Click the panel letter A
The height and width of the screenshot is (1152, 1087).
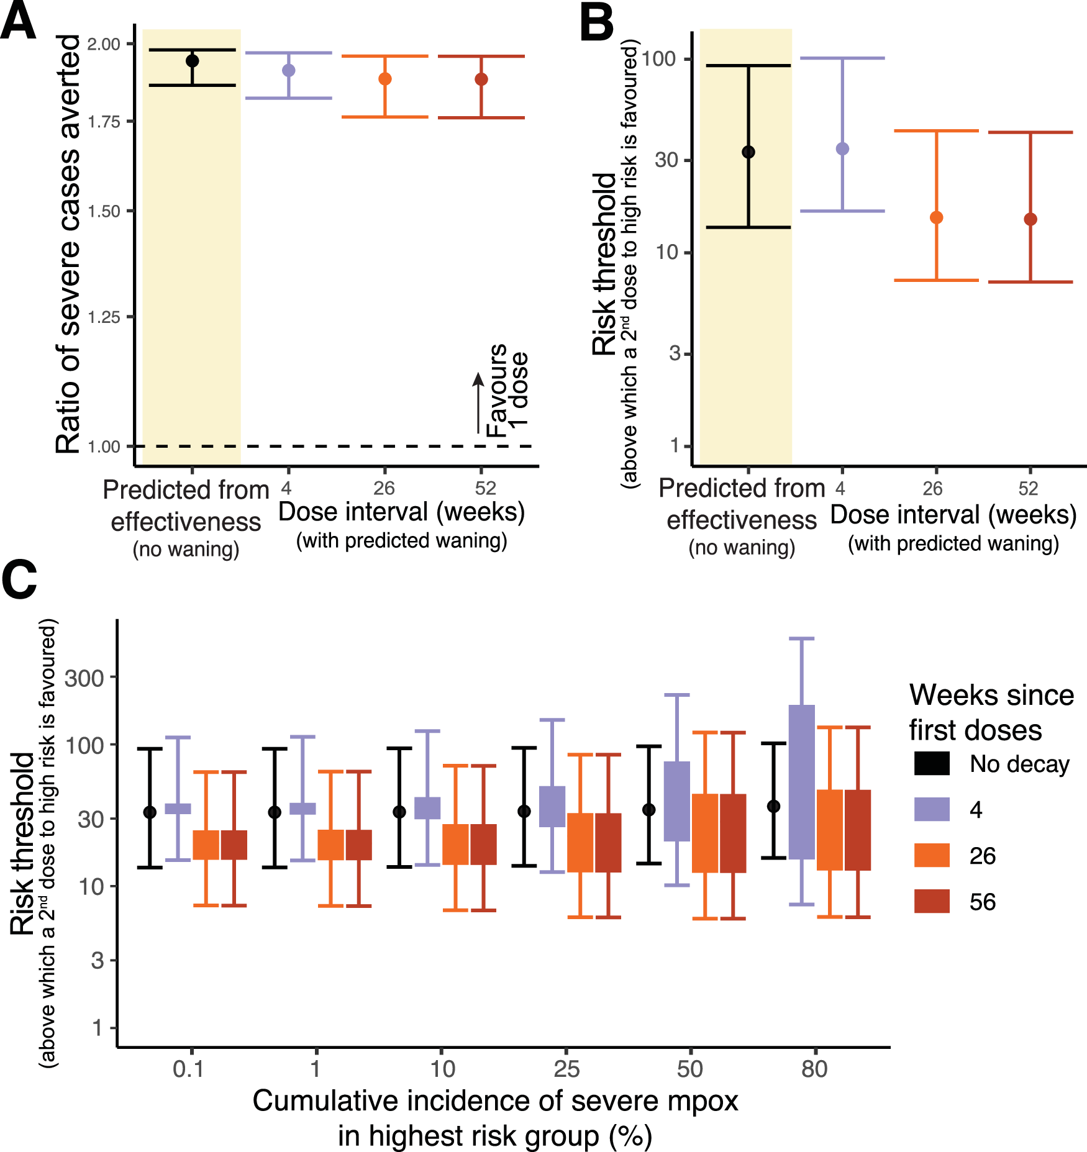pyautogui.click(x=19, y=22)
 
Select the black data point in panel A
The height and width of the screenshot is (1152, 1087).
pyautogui.click(x=193, y=61)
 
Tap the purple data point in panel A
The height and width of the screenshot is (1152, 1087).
pyautogui.click(x=289, y=70)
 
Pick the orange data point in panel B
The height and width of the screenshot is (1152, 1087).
pyautogui.click(x=937, y=217)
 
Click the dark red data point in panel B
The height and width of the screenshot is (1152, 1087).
pyautogui.click(x=1030, y=219)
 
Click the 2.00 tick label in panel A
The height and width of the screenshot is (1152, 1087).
pyautogui.click(x=104, y=44)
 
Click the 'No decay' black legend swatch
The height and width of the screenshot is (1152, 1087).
pyautogui.click(x=932, y=763)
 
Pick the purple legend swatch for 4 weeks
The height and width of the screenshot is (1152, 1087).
pyautogui.click(x=932, y=809)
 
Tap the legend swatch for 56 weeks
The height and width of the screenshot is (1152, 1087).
pyautogui.click(x=932, y=901)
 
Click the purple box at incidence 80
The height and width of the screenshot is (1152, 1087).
pyautogui.click(x=802, y=782)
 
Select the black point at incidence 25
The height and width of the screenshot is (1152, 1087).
pyautogui.click(x=524, y=811)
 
